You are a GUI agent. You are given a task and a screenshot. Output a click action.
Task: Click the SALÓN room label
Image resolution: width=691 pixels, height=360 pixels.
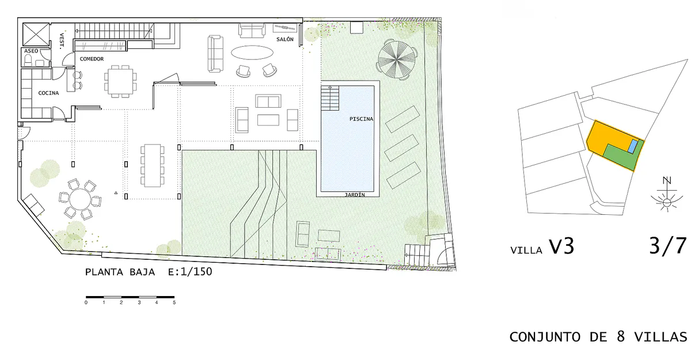tap(284, 39)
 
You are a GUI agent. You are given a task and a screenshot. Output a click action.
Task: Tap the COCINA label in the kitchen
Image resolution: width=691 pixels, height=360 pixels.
tap(48, 93)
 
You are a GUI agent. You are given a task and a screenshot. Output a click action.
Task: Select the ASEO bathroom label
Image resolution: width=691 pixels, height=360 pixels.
tap(31, 51)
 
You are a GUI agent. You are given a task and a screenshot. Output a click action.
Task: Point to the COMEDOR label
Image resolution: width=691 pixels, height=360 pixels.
tap(92, 59)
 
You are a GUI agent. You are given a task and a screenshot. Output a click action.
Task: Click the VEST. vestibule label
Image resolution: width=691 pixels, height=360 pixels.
tap(62, 41)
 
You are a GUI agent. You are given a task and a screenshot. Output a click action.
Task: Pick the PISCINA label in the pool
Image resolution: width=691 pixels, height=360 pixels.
tap(361, 119)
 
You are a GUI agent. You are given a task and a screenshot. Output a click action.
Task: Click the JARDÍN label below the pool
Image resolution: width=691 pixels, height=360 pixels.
tap(355, 195)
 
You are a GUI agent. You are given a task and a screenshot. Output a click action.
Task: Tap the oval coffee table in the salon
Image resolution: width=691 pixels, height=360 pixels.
tap(252, 52)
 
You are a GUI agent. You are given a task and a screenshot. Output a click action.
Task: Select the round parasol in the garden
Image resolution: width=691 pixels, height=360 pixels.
tap(397, 60)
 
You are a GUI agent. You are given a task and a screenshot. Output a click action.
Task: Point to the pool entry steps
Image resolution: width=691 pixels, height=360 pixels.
tap(330, 98)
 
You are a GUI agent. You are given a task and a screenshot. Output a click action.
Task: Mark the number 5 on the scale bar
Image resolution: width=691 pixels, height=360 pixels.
tap(174, 302)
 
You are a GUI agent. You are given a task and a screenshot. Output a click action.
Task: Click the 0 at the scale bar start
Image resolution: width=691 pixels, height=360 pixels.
tap(86, 302)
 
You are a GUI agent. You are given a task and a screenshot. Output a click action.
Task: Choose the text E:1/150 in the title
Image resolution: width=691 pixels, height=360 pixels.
tap(190, 272)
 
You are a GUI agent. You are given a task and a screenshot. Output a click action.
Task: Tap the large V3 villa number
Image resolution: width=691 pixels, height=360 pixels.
tap(561, 246)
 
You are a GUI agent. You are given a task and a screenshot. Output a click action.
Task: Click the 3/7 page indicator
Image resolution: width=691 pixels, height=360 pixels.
tap(668, 246)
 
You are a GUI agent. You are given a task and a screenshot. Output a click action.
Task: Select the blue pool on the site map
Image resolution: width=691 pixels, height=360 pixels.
tap(633, 146)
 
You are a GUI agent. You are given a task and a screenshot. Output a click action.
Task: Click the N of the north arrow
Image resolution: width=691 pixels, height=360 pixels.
tap(667, 180)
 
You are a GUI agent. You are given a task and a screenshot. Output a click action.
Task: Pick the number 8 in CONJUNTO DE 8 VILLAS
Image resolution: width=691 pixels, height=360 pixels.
tap(621, 336)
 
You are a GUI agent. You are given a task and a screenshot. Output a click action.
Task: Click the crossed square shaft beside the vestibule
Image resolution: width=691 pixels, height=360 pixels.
tap(36, 35)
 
